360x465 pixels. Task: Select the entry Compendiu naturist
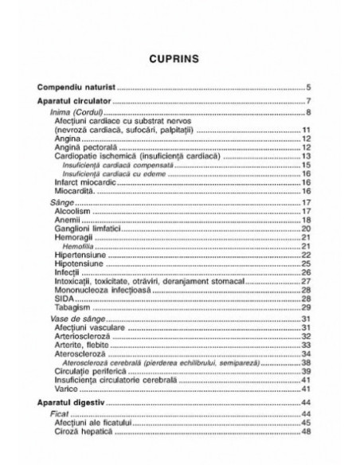pyautogui.click(x=78, y=86)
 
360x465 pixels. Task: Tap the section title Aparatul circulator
pyautogui.click(x=79, y=103)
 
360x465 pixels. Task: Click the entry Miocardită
pyautogui.click(x=74, y=191)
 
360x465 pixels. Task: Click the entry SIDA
pyautogui.click(x=64, y=298)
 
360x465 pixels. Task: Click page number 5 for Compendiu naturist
pyautogui.click(x=307, y=86)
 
